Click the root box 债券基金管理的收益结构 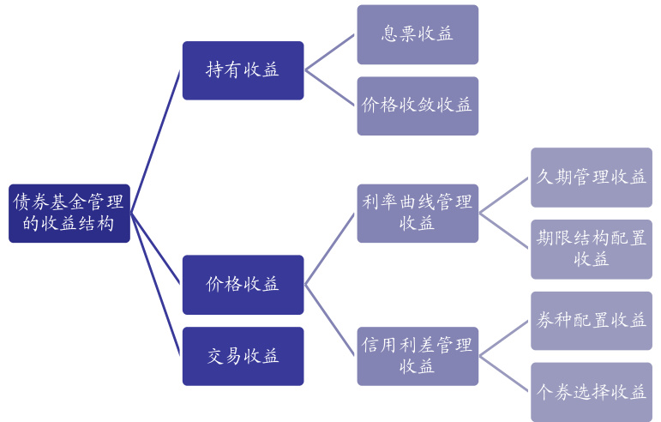click(69, 214)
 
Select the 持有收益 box click(243, 70)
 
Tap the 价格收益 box click(243, 284)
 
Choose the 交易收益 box click(243, 355)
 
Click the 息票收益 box click(418, 34)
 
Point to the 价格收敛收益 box click(418, 105)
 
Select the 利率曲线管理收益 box click(418, 213)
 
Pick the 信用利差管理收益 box click(418, 355)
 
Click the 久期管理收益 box click(591, 178)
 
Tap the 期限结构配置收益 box click(591, 249)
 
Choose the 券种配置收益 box click(591, 320)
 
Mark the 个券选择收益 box click(591, 391)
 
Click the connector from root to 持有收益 click(156, 142)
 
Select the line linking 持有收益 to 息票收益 click(330, 52)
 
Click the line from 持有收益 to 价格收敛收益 click(330, 88)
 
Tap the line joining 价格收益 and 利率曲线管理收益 click(330, 249)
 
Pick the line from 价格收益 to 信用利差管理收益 click(330, 319)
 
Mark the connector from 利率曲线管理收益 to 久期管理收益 click(504, 196)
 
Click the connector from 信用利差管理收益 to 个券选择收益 click(504, 373)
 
